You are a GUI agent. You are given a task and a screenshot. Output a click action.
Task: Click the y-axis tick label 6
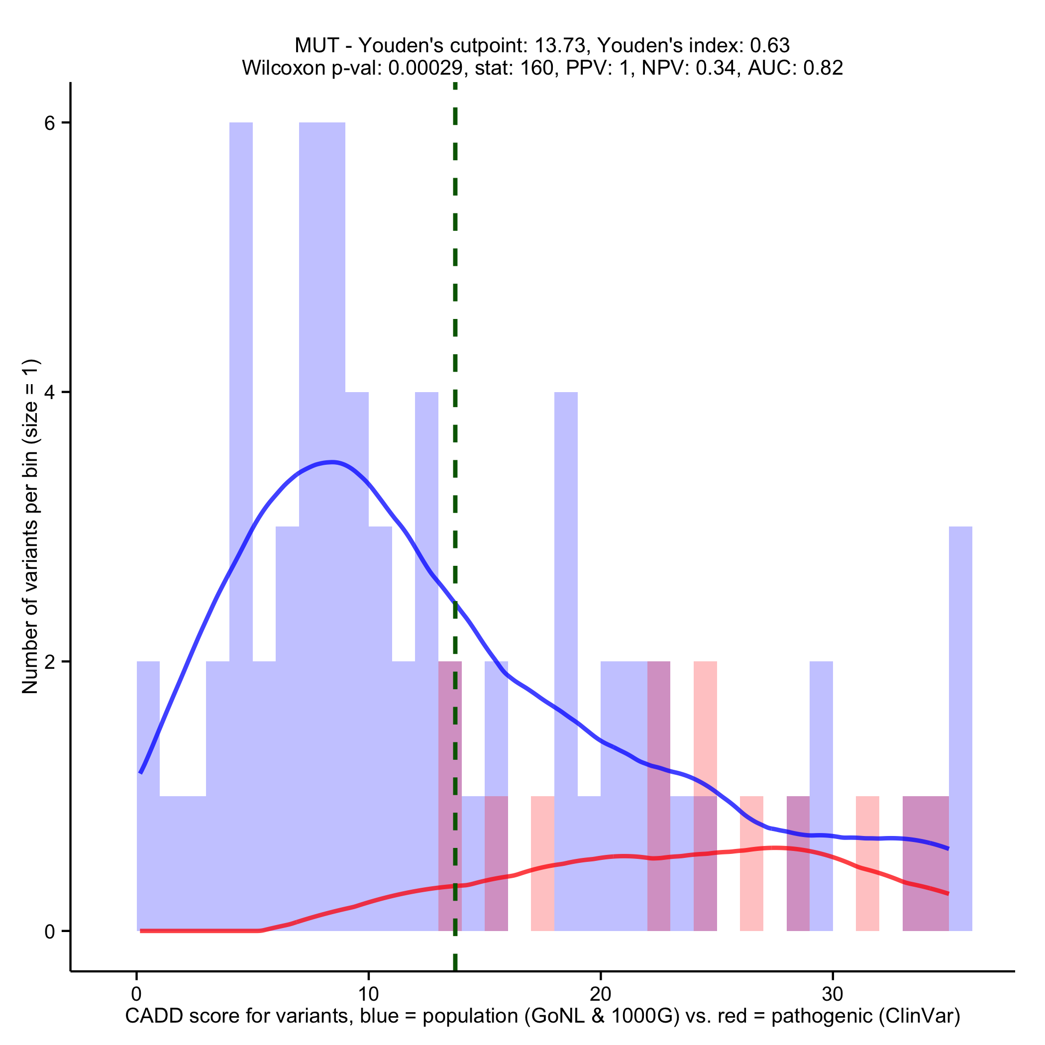(50, 123)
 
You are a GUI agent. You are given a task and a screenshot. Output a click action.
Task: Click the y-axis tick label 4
(50, 392)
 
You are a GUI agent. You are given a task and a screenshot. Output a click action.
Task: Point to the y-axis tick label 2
(50, 661)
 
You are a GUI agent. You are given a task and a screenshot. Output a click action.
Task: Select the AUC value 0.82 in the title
(823, 68)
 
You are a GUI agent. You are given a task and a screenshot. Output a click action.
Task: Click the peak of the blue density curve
(332, 461)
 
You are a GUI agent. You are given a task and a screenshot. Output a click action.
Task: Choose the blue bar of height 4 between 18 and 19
(566, 595)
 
